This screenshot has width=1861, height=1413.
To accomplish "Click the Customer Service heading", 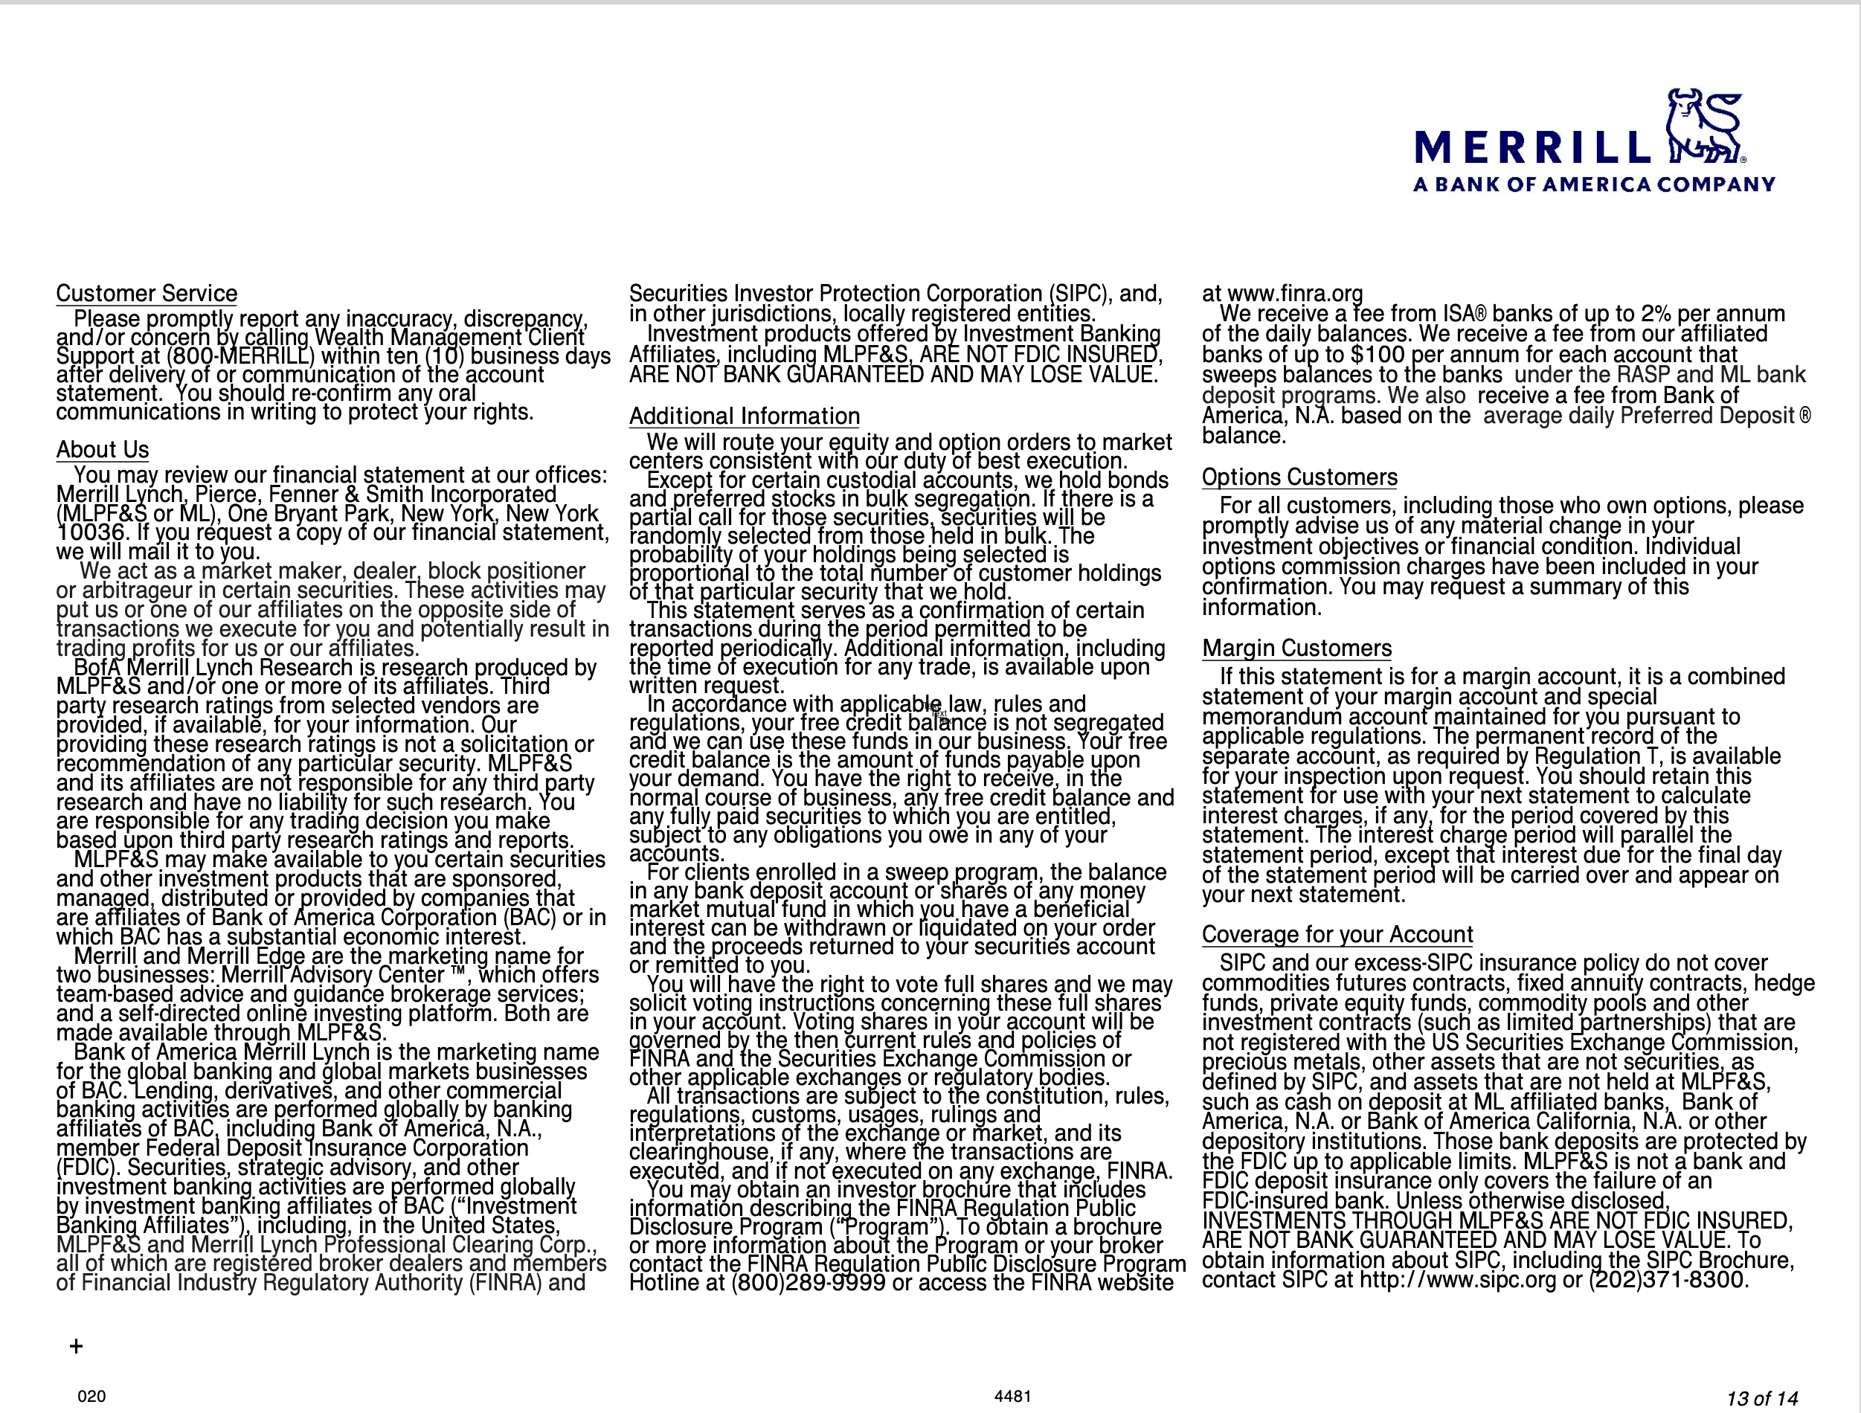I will coord(147,294).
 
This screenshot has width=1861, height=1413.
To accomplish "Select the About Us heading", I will coord(103,450).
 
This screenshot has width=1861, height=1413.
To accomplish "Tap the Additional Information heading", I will coord(744,416).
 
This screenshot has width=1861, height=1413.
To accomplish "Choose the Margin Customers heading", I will coord(1296,648).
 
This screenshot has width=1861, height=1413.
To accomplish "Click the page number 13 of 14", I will coord(1762,1398).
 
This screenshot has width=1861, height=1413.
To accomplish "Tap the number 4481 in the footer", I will coord(1012,1396).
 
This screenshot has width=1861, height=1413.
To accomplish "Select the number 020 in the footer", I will coord(91,1396).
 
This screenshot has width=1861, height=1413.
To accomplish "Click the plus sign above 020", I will coord(77,1347).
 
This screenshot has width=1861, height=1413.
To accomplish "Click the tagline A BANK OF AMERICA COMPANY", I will coord(1594,184).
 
